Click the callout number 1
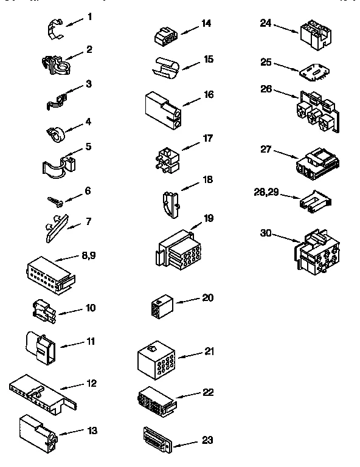89,16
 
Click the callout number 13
92,431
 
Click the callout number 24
265,23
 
